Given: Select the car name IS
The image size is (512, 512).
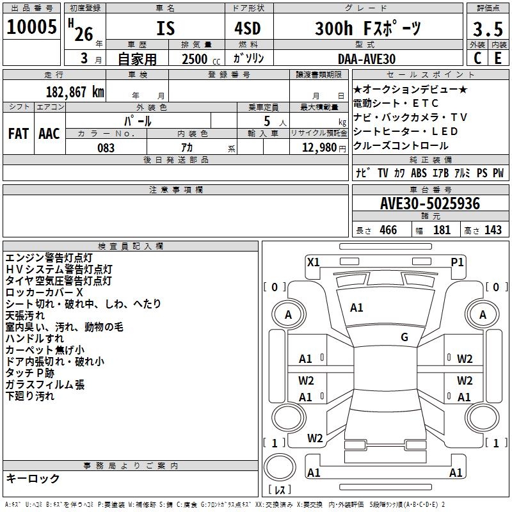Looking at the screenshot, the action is click(x=166, y=28).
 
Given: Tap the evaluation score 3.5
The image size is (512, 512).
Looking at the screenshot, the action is click(x=487, y=29).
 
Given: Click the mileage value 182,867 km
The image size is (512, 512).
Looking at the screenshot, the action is click(x=75, y=92).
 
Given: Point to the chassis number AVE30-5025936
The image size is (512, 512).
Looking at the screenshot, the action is click(x=430, y=204).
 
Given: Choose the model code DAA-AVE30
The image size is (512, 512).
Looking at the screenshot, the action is click(x=367, y=59).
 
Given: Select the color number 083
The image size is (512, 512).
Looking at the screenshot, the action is click(x=106, y=147).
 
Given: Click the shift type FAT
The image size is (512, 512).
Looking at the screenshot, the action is click(x=18, y=134).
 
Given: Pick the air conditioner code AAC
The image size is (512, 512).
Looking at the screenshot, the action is click(x=49, y=134).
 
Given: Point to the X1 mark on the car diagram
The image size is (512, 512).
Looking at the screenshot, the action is click(x=314, y=261).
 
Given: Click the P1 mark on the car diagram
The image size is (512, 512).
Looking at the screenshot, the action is click(x=457, y=261).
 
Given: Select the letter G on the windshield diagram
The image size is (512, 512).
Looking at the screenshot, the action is click(x=404, y=337).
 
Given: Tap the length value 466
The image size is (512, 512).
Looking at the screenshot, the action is click(x=388, y=230).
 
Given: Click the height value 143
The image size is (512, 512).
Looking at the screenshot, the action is click(x=493, y=230).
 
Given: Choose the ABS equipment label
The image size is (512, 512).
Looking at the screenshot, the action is click(x=419, y=173).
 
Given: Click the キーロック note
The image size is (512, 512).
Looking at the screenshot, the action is click(x=33, y=478).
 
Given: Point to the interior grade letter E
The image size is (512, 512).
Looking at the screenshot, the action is click(x=497, y=59).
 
